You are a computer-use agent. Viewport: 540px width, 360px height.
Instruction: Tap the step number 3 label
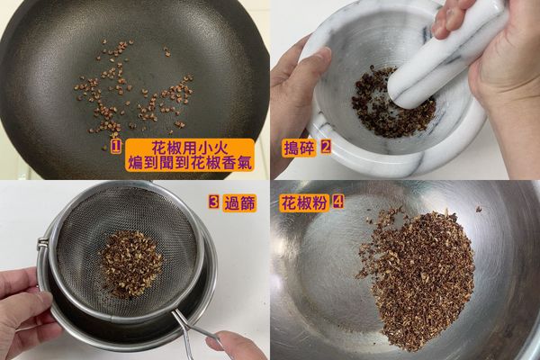click(x=214, y=203)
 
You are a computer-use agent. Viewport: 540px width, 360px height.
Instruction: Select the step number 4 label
click(x=337, y=202)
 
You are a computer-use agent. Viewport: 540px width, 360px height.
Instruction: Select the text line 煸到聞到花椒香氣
click(x=191, y=163)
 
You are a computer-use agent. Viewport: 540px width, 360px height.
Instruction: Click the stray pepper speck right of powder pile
click(x=479, y=209)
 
